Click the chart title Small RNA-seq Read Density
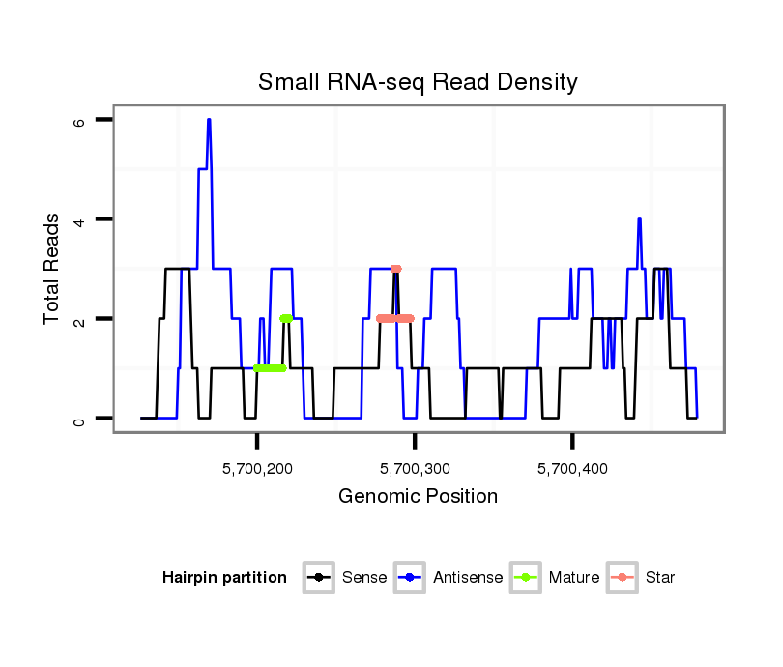click(418, 82)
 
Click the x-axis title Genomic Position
click(418, 497)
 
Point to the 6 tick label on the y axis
click(79, 122)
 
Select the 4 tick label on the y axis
click(79, 220)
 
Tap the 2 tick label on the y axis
click(79, 319)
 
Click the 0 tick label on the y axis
click(79, 419)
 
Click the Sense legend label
click(364, 578)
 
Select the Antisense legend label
click(468, 578)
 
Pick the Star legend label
click(659, 578)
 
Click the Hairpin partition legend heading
click(224, 578)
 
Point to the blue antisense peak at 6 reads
click(209, 120)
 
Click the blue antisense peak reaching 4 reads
click(639, 219)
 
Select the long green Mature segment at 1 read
click(270, 368)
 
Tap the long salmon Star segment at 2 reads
click(394, 318)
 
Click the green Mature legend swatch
click(528, 578)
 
